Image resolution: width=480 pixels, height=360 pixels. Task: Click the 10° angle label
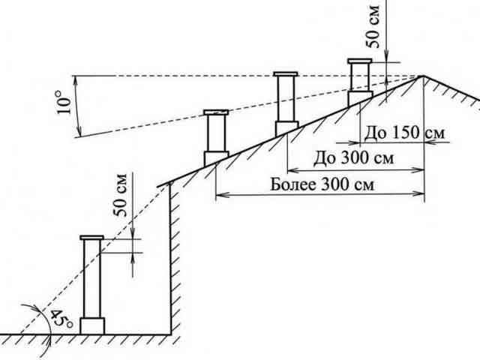point(64,102)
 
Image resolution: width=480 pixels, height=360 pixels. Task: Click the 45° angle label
point(61,318)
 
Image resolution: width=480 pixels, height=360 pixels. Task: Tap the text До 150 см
point(404,133)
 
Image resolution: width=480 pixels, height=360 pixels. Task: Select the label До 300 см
point(353,158)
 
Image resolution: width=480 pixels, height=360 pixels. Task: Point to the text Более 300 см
point(322,184)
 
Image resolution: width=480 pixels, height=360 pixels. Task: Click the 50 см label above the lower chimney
point(120,195)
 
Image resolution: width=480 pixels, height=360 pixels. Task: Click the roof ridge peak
point(424,76)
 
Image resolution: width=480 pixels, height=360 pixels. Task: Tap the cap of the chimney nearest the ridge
point(360,61)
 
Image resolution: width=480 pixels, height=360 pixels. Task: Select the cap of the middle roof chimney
point(285,74)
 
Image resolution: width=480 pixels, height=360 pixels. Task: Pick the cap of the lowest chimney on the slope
point(216,112)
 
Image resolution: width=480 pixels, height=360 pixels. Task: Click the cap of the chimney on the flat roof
point(91,238)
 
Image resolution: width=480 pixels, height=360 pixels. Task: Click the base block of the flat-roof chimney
point(92,326)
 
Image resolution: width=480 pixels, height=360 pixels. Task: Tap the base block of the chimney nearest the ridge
point(360,98)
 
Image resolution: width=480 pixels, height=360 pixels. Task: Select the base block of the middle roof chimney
point(286,128)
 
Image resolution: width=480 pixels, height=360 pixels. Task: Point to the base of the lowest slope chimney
point(216,158)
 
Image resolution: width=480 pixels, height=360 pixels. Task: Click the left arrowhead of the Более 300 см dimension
point(220,194)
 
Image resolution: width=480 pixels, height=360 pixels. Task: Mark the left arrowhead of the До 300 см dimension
point(292,169)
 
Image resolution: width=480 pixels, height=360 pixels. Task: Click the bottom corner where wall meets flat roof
point(170,334)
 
